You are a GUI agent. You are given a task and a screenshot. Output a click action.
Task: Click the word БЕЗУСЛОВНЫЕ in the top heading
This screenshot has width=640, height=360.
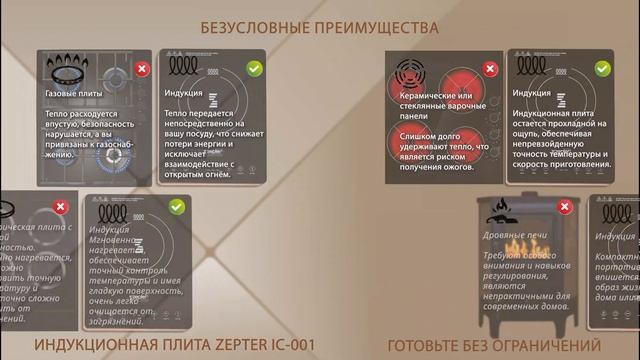coord(251,27)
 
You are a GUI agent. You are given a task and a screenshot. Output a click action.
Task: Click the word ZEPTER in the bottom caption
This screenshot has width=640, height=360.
coord(219,346)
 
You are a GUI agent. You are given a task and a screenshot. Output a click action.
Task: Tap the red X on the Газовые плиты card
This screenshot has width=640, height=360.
coord(142,69)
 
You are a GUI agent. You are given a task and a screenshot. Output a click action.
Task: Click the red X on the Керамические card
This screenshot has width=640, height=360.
coord(490,69)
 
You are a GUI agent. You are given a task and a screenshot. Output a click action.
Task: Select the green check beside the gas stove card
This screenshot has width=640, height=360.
coord(254,69)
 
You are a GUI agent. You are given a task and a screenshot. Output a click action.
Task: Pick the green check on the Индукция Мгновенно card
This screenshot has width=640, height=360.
coord(176,207)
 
